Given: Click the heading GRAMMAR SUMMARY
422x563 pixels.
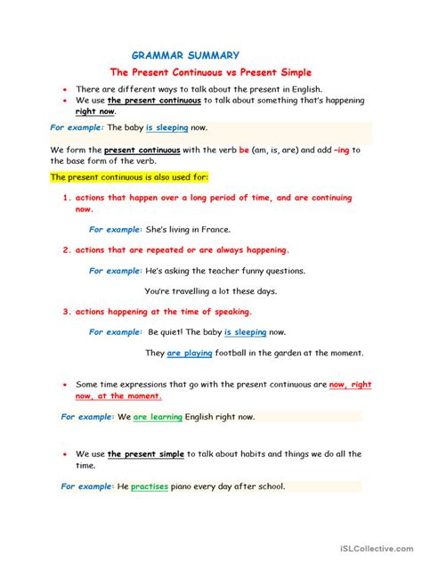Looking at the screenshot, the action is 185,55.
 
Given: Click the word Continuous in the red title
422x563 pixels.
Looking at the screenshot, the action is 194,72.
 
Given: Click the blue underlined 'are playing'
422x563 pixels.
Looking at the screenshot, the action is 190,354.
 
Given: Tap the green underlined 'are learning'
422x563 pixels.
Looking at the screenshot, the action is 158,416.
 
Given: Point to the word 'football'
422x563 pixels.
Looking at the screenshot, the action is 236,354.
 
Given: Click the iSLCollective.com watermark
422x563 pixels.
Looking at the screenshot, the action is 373,548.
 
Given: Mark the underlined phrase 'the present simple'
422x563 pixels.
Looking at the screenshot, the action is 146,453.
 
